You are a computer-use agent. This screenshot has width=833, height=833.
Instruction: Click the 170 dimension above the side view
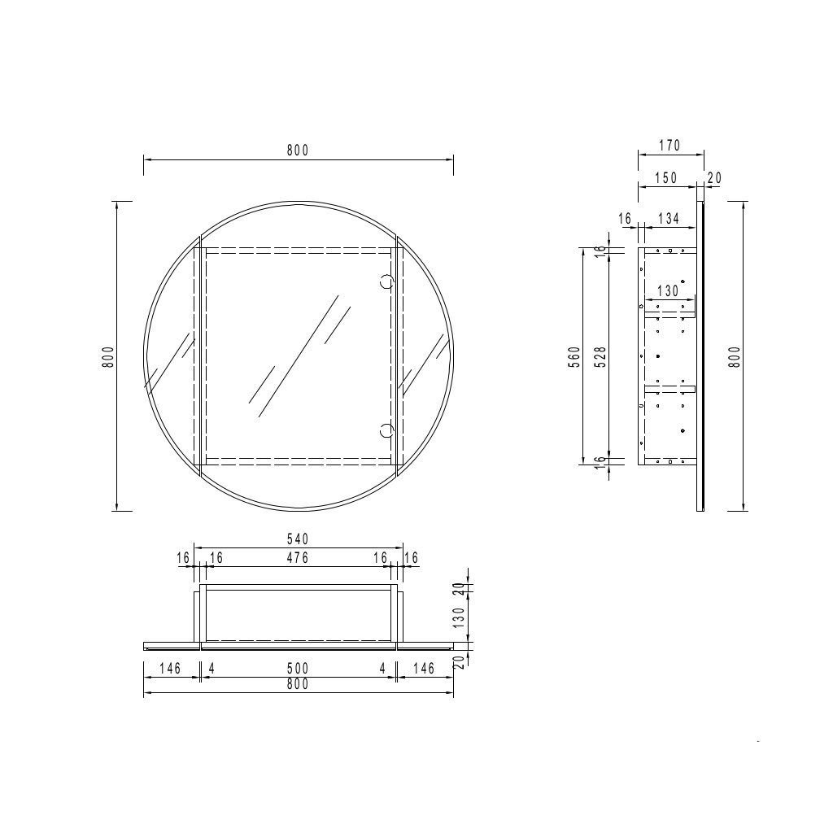[669, 146]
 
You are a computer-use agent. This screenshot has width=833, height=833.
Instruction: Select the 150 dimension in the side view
[665, 178]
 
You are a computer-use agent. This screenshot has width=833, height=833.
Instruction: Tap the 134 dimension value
[668, 218]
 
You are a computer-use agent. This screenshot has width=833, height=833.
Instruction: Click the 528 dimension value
[599, 356]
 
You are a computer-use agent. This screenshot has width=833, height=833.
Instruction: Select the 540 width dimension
[298, 539]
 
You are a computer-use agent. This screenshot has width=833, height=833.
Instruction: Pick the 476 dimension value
[298, 557]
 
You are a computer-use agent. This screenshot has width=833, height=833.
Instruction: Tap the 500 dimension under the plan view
[298, 668]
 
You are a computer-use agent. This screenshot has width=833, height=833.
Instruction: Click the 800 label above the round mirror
[298, 150]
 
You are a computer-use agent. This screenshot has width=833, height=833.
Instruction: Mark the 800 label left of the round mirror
[108, 356]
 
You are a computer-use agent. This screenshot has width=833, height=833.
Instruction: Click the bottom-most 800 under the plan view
[298, 685]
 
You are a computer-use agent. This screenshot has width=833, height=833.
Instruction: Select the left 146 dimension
[170, 668]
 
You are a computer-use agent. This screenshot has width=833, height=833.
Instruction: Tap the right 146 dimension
[424, 668]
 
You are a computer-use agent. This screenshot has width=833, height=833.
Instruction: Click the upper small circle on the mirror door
[387, 282]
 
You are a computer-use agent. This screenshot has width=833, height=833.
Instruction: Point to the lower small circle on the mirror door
[387, 429]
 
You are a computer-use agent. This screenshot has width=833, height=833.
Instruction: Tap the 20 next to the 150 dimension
[715, 178]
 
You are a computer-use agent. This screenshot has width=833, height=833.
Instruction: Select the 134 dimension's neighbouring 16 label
[625, 218]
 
